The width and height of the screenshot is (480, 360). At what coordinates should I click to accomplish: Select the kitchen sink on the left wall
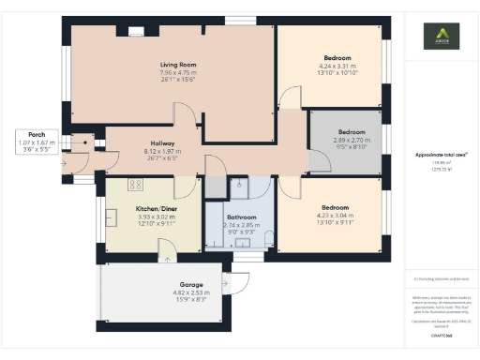click(112, 219)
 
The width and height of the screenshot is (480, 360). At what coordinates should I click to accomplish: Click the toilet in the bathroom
click(269, 236)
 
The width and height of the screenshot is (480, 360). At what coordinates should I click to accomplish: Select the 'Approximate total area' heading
click(441, 154)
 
